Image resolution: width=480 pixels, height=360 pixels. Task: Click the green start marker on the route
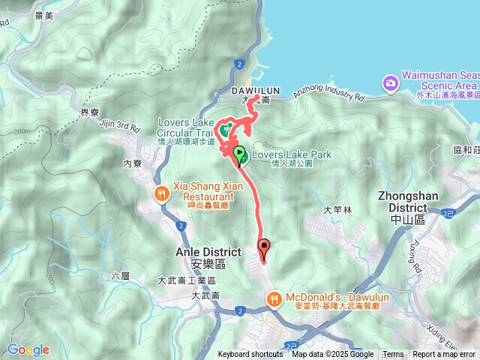[x=239, y=154]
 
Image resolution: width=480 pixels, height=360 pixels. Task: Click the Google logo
[x=28, y=349]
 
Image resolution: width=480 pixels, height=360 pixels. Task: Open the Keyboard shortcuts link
[x=250, y=355]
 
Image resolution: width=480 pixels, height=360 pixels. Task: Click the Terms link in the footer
[x=393, y=355]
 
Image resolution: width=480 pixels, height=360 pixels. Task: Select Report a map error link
[x=444, y=355]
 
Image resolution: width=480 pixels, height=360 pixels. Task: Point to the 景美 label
[x=22, y=15]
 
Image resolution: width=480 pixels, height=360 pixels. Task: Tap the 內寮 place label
[x=133, y=163]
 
